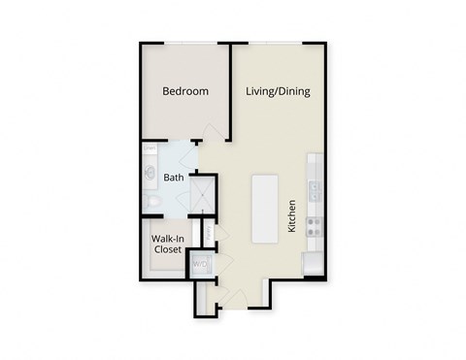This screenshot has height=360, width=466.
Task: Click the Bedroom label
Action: click(184, 91)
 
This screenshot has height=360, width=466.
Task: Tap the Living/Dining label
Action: click(279, 91)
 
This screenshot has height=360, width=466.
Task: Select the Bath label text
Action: click(174, 178)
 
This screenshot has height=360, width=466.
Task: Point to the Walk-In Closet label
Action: click(167, 244)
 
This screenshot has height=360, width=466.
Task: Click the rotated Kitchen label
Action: click(290, 217)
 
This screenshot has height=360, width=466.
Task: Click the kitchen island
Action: click(265, 209)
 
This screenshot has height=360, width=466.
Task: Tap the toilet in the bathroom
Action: click(152, 200)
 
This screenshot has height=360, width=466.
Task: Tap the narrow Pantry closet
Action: click(207, 233)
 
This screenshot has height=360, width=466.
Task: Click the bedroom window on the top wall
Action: click(184, 44)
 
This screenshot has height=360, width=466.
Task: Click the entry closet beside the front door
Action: click(203, 299)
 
